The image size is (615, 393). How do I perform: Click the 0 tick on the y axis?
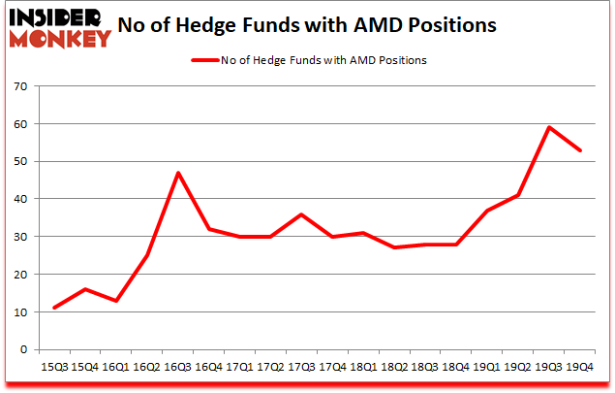tap(21, 350)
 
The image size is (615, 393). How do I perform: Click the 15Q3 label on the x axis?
tap(53, 369)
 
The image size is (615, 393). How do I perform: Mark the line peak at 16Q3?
tap(178, 173)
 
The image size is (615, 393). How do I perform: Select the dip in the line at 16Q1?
tap(116, 301)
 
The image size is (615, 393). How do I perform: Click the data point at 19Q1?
tap(490, 211)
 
